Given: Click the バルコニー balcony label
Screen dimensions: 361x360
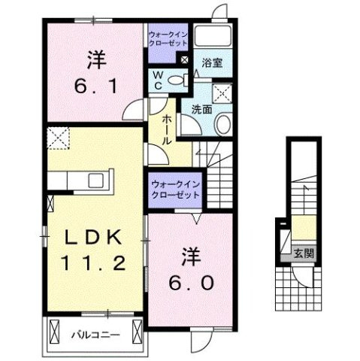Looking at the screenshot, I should pos(94,332).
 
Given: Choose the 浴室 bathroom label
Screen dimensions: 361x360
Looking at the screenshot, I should pos(212,65).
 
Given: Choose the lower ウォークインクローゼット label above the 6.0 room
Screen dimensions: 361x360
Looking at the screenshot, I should pos(174,188).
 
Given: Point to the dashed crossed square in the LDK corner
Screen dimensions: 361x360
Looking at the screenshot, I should pos(57,138).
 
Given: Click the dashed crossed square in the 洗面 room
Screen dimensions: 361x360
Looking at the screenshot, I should pos(222,93).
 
